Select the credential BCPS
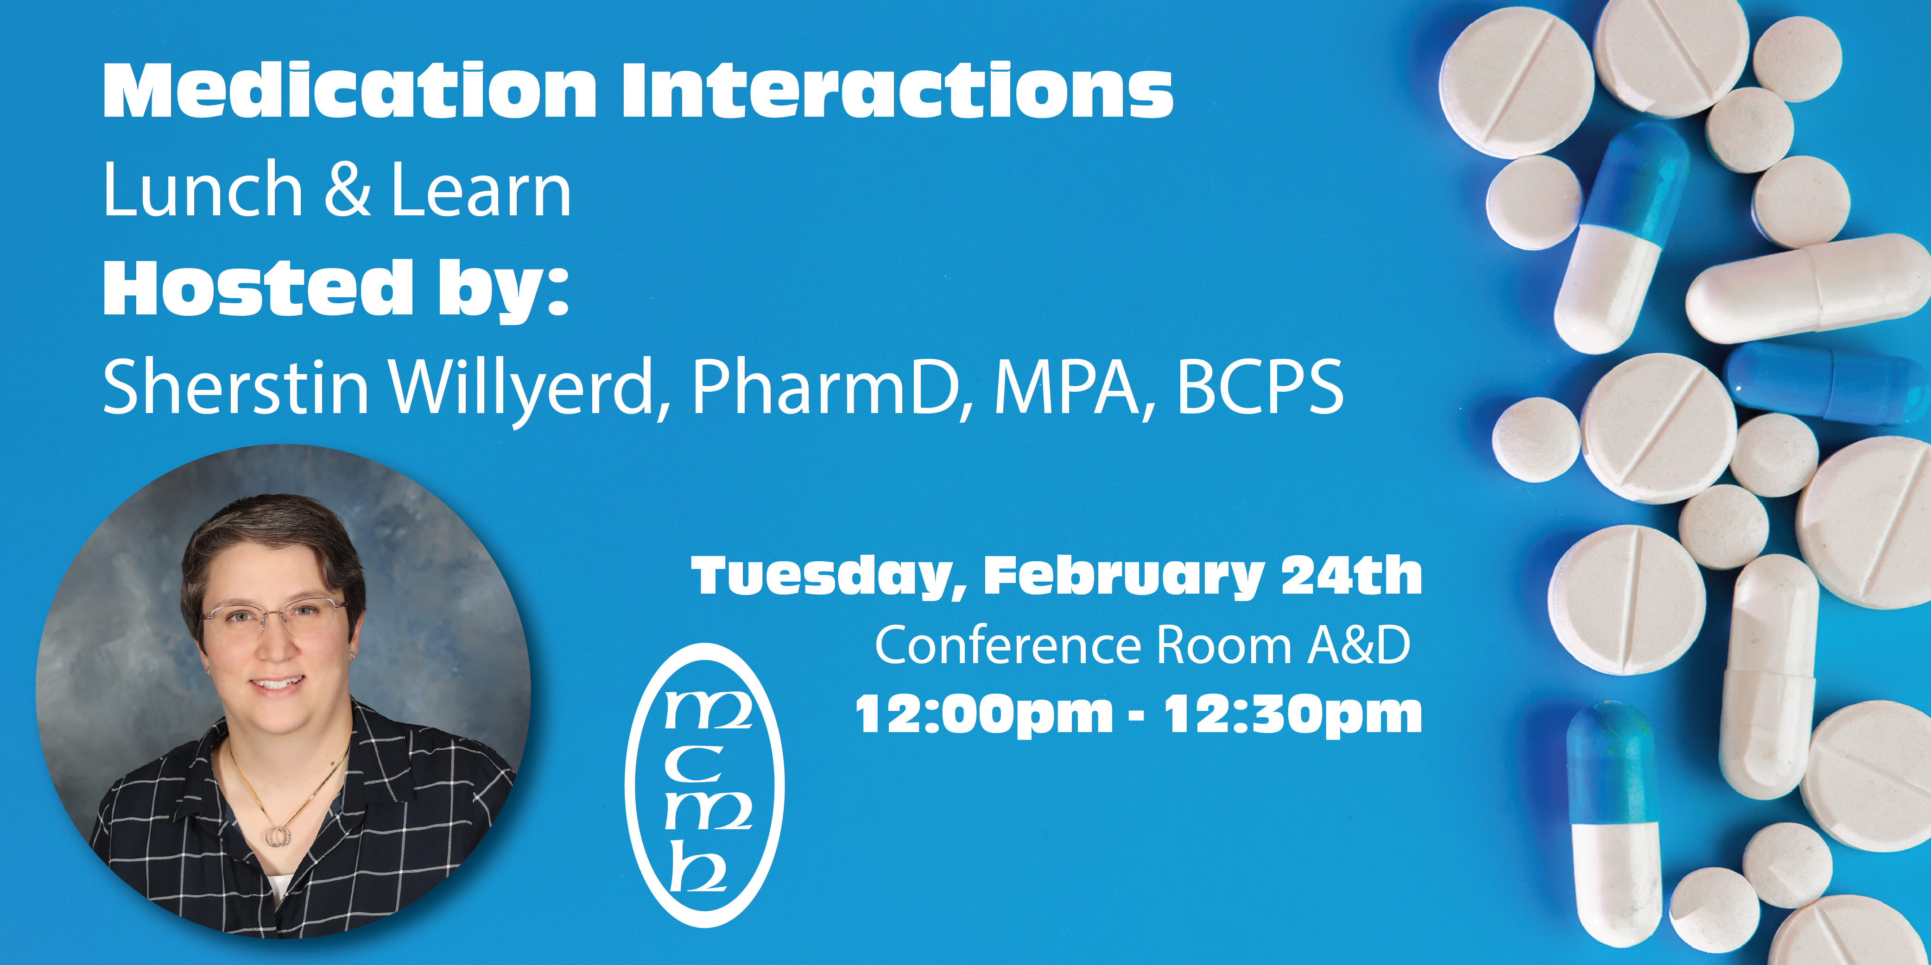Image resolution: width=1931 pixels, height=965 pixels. [1260, 388]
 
